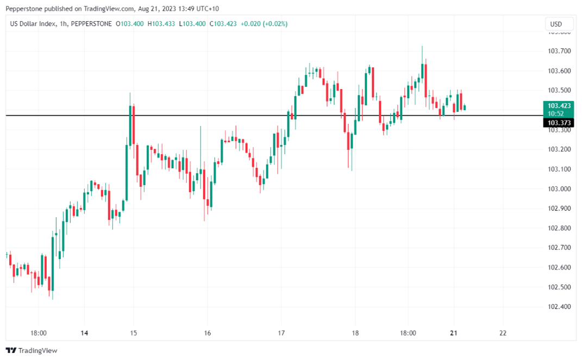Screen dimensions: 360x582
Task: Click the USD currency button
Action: coord(556,24)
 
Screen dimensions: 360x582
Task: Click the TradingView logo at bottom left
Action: coord(31,350)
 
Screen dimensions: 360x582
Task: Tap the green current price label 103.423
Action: coord(558,105)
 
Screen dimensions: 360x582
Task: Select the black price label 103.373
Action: coord(558,123)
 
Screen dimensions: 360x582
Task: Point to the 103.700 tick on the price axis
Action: coord(559,51)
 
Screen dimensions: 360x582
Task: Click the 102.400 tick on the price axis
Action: coord(559,306)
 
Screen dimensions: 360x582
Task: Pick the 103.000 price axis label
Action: coord(559,188)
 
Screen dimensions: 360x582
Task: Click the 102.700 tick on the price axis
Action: coord(559,248)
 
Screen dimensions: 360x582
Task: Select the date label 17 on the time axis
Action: coord(281,333)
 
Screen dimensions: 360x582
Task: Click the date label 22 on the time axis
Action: coord(503,333)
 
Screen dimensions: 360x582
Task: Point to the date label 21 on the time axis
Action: coord(454,333)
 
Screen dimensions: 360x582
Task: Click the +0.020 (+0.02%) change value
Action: coord(265,24)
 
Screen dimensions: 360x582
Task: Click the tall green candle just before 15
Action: coord(130,125)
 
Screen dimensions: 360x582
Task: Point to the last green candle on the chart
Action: coord(465,107)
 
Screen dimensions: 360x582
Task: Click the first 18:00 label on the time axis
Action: coord(39,333)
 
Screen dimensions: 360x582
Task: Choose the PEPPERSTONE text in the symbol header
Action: coord(92,24)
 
